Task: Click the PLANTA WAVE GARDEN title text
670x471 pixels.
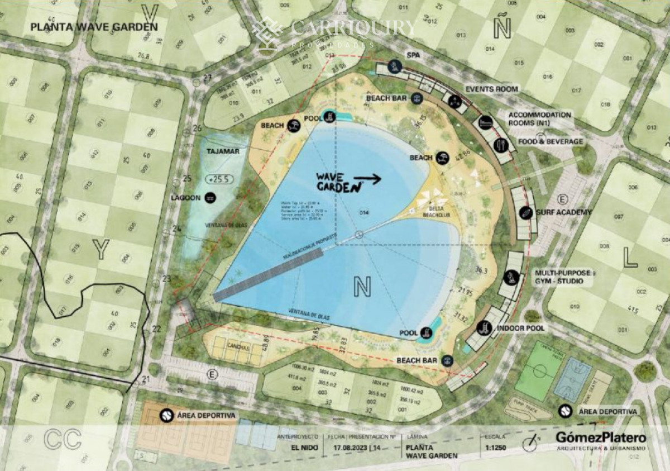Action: pyautogui.click(x=94, y=26)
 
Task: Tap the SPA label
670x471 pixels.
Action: pyautogui.click(x=413, y=55)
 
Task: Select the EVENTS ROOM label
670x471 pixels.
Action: pyautogui.click(x=491, y=89)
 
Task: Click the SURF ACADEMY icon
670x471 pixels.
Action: pyautogui.click(x=525, y=212)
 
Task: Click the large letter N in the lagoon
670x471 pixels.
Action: pyautogui.click(x=362, y=287)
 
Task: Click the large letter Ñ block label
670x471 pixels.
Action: pyautogui.click(x=502, y=27)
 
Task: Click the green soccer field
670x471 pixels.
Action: pyautogui.click(x=538, y=370)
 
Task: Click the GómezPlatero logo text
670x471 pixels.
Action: pyautogui.click(x=600, y=437)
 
